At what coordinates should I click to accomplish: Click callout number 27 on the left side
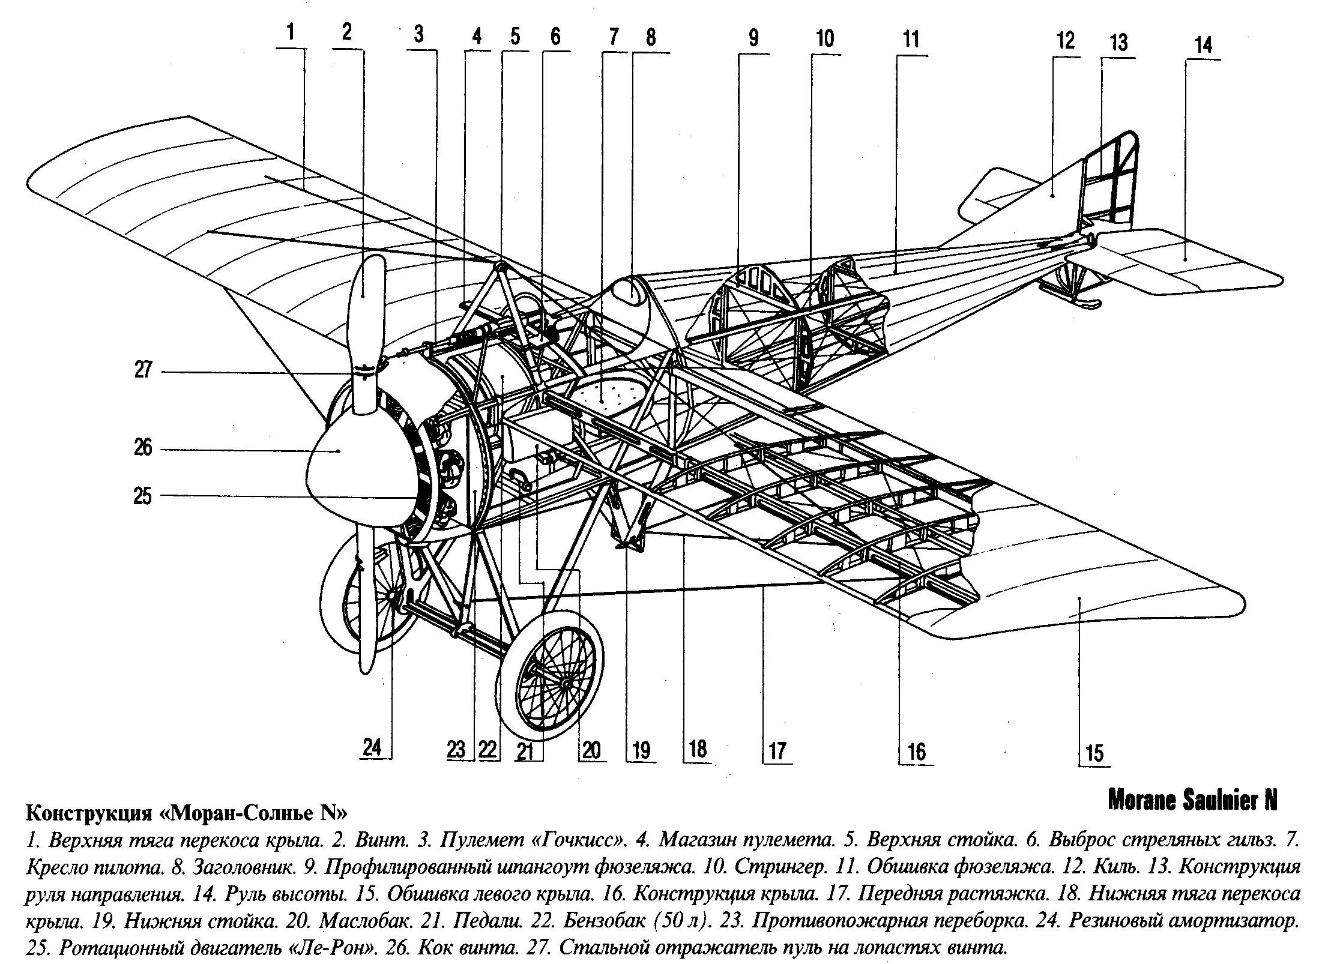143,370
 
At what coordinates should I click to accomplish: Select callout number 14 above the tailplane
1203,46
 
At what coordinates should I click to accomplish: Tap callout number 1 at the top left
291,32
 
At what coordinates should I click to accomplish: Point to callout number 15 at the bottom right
1095,753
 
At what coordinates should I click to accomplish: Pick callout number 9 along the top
753,38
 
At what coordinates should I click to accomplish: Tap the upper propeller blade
367,312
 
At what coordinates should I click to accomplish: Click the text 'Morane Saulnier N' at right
1192,801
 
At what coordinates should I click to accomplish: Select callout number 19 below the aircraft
641,750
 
